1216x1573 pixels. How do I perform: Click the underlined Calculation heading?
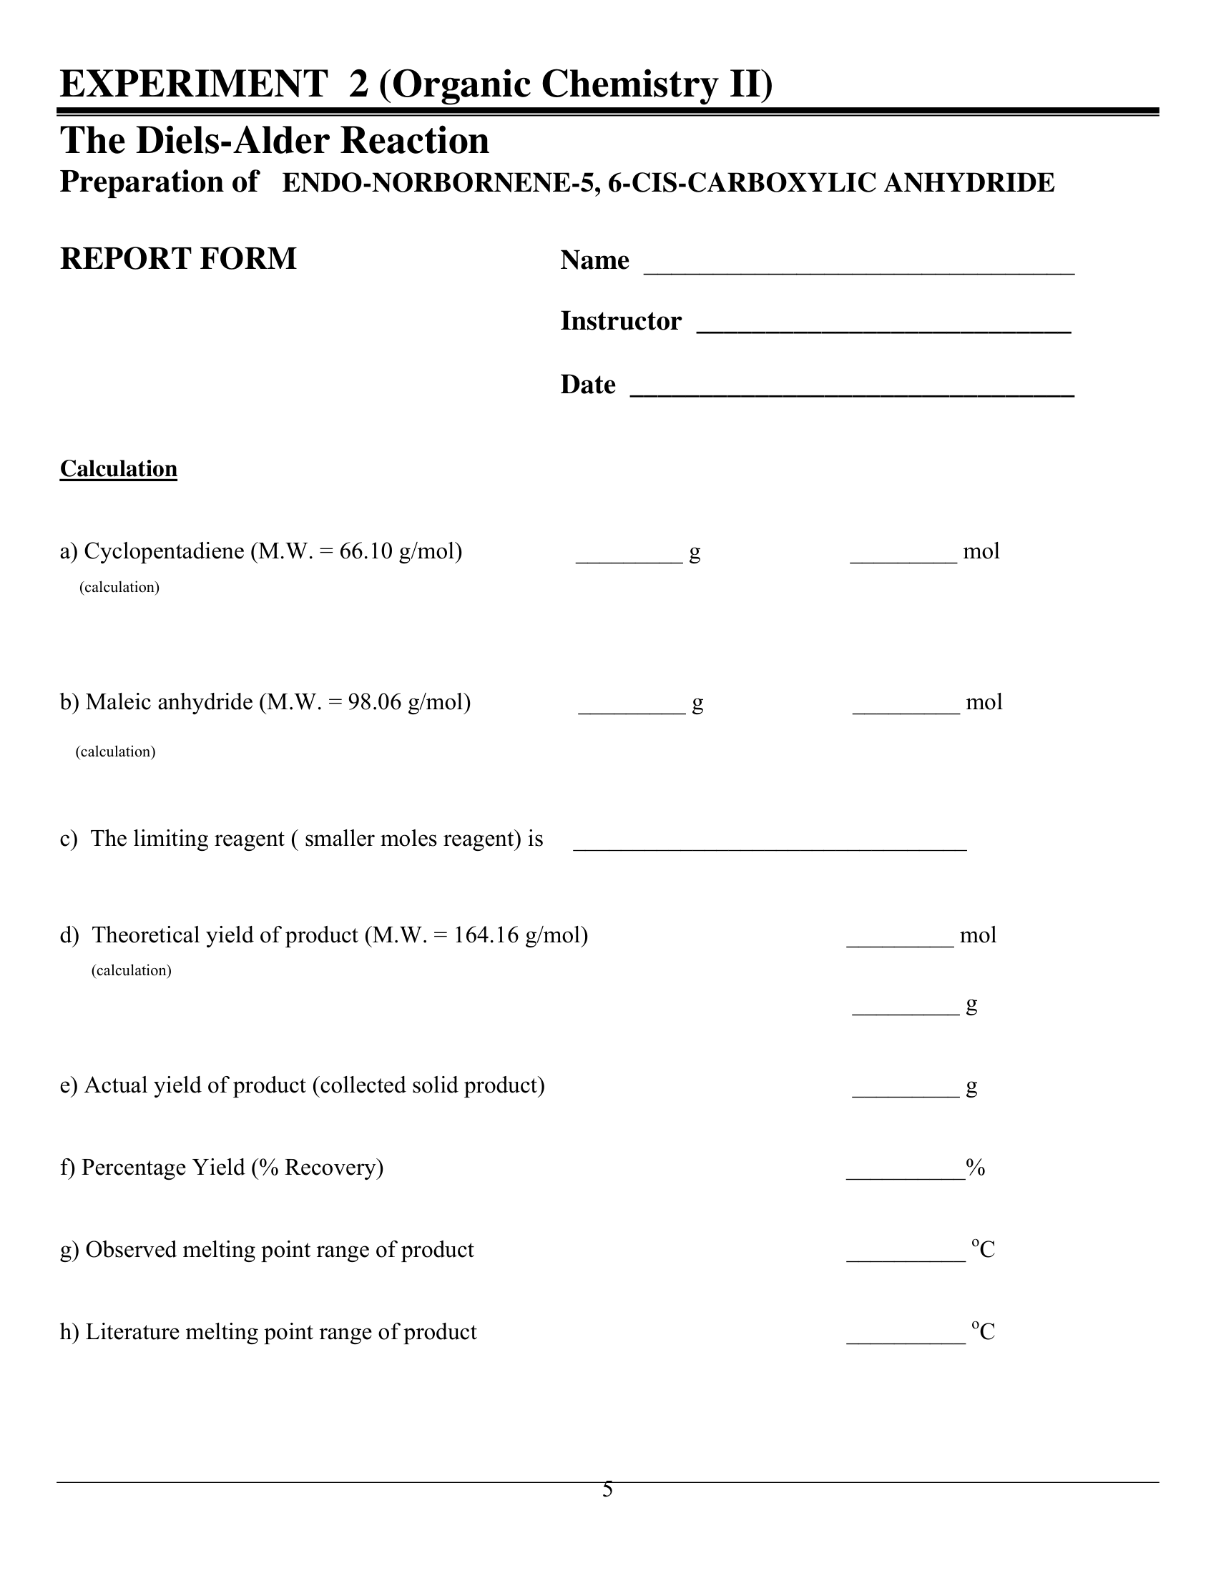pyautogui.click(x=118, y=469)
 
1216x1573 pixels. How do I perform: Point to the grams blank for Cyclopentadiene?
pyautogui.click(x=629, y=558)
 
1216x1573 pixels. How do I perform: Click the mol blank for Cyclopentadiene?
pyautogui.click(x=903, y=558)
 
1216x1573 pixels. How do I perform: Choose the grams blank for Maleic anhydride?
pyautogui.click(x=631, y=709)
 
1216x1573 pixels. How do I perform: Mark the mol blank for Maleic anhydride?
pyautogui.click(x=906, y=709)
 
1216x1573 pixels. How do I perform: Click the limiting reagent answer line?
pyautogui.click(x=770, y=847)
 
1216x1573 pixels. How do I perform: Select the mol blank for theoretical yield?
pyautogui.click(x=900, y=942)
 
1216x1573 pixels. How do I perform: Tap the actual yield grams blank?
pyautogui.click(x=906, y=1093)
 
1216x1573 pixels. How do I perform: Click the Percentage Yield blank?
pyautogui.click(x=905, y=1175)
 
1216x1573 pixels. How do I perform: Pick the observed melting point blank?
pyautogui.click(x=906, y=1257)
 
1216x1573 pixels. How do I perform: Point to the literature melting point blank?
pyautogui.click(x=906, y=1340)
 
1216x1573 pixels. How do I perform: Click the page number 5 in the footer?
pyautogui.click(x=607, y=1489)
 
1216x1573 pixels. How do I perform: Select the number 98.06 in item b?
pyautogui.click(x=375, y=702)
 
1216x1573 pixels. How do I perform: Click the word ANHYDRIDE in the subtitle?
pyautogui.click(x=969, y=183)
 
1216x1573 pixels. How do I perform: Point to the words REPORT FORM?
pyautogui.click(x=178, y=259)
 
